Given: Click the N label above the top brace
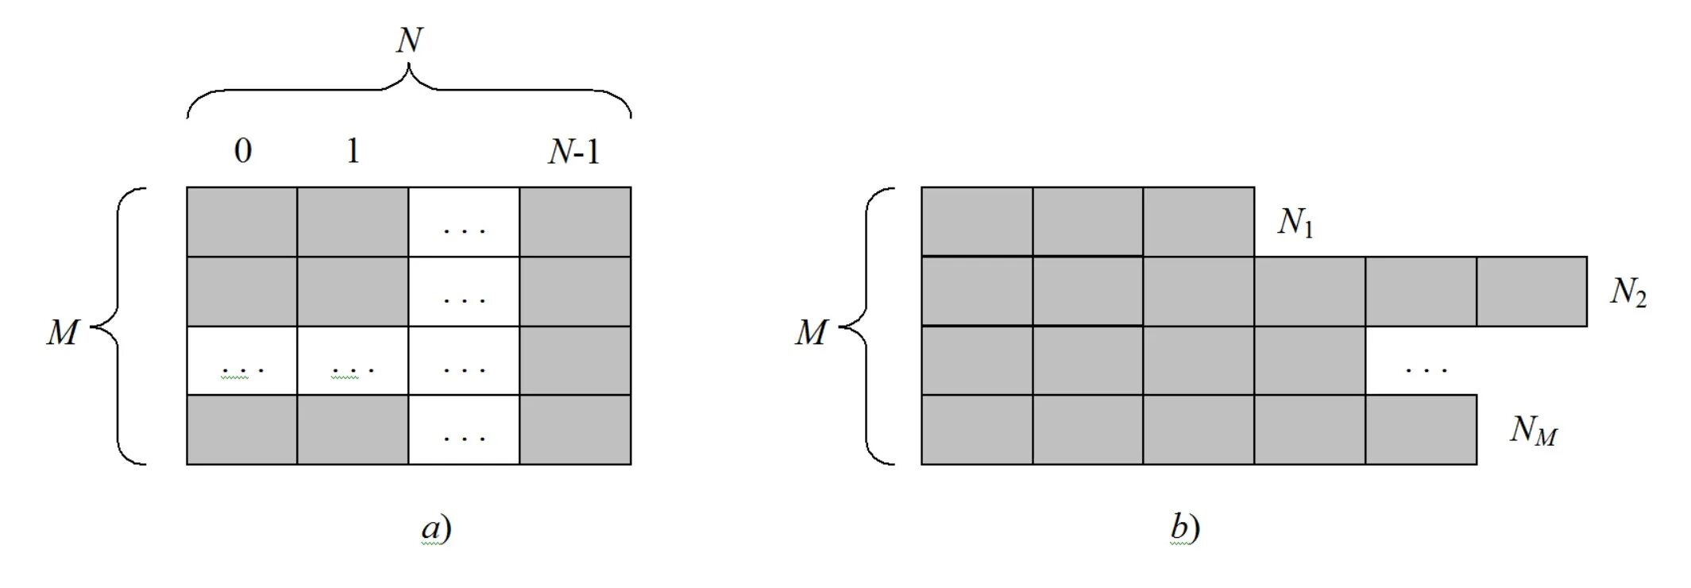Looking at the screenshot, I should (x=409, y=40).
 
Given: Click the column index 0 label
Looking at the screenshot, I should (x=242, y=150).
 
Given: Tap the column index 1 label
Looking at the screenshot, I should (x=353, y=150).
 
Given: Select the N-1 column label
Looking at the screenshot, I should (x=573, y=151).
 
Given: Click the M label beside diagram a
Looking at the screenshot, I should (x=62, y=332).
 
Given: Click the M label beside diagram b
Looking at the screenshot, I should (x=811, y=332).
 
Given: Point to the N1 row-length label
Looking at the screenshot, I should (x=1295, y=223).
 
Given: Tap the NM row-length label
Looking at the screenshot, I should (x=1533, y=431).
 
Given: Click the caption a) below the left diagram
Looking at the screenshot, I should (x=436, y=528).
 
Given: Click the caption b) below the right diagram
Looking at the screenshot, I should (x=1184, y=528).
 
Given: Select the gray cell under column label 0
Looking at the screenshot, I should (x=241, y=222).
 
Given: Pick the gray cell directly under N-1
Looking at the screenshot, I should (x=575, y=222).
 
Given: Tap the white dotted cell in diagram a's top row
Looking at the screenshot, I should (x=464, y=222).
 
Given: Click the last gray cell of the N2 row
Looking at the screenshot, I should (x=1531, y=291).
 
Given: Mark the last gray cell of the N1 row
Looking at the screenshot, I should (x=1199, y=222).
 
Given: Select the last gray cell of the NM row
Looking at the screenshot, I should (x=1421, y=429).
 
